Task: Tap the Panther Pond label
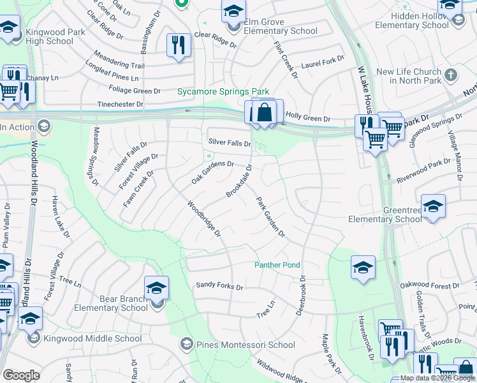[277, 265]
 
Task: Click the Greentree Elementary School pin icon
[433, 206]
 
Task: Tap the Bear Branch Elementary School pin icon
[156, 288]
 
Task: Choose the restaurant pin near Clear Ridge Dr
[179, 45]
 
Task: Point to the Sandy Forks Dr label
[219, 287]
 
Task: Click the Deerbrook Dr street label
[302, 296]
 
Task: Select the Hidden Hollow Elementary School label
[412, 20]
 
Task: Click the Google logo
[21, 375]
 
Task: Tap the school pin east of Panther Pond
[363, 267]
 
